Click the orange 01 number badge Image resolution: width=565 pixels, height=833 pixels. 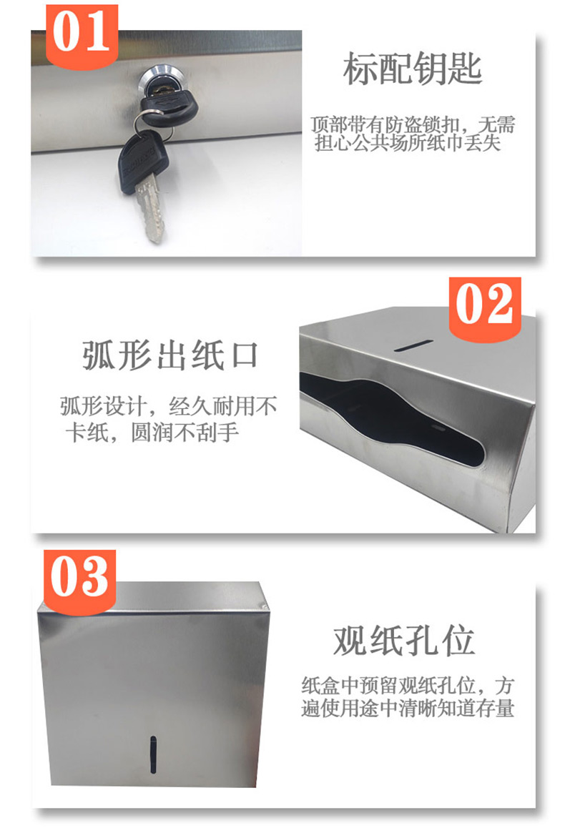(x=82, y=36)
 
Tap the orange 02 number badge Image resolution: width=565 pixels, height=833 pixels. (x=485, y=309)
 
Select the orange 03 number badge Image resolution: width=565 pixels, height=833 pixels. (x=79, y=582)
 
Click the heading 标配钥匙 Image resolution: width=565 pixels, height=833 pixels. (x=413, y=69)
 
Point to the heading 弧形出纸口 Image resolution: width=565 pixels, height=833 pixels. (x=170, y=355)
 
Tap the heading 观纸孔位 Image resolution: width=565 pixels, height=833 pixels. (x=404, y=641)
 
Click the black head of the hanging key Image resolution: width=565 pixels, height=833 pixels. (x=142, y=160)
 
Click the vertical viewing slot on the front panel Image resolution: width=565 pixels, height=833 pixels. (x=152, y=754)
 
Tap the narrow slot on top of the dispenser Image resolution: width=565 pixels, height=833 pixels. (x=413, y=346)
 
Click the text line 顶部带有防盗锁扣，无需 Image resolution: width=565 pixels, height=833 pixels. (x=413, y=125)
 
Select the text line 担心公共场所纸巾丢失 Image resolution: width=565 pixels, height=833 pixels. (x=408, y=143)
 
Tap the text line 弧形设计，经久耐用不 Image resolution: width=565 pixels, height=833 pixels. (x=169, y=406)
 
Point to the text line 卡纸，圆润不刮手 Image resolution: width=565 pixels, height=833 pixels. (x=152, y=433)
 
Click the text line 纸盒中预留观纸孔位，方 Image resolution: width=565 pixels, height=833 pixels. (x=408, y=686)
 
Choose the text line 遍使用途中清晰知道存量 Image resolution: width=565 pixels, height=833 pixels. (x=408, y=708)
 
